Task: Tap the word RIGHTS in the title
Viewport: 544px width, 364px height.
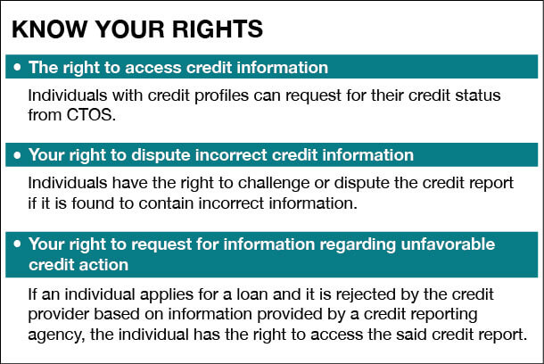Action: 218,29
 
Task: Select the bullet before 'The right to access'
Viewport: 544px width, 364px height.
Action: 17,67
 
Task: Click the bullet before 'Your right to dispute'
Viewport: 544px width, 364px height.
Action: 17,154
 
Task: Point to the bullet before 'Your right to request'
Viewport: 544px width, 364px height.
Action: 17,244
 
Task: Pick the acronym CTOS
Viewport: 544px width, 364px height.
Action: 91,115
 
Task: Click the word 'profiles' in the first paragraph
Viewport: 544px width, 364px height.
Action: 221,95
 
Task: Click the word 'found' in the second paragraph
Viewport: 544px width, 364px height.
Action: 93,203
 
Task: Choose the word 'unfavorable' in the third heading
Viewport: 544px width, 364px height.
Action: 448,244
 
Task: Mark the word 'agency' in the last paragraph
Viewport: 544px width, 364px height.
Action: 56,335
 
